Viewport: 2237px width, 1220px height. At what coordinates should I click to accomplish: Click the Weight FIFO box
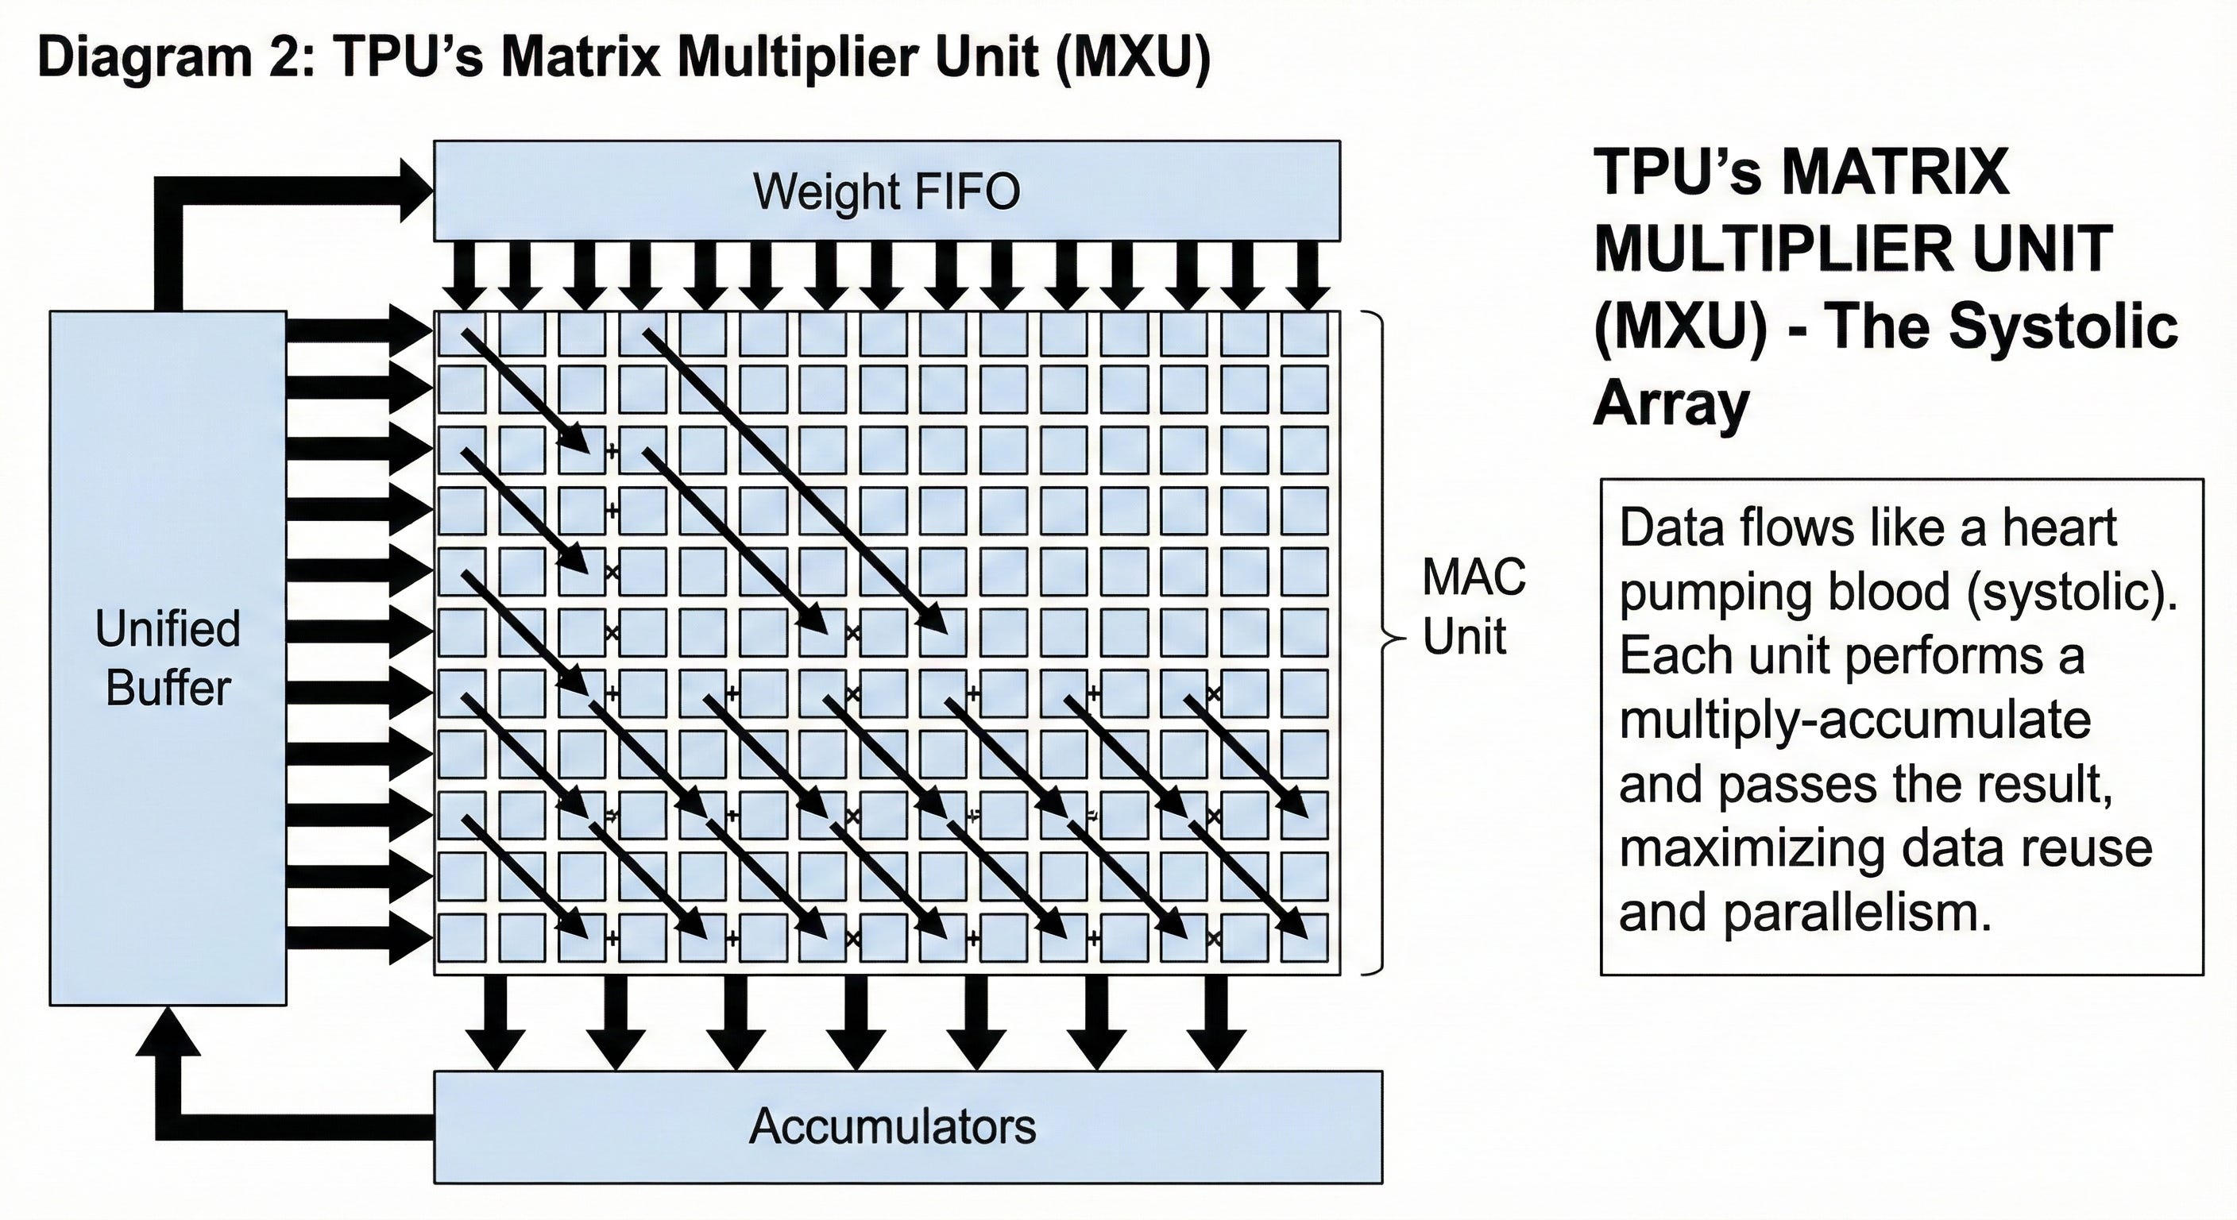[x=887, y=190]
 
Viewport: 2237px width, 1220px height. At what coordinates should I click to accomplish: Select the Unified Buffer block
[x=168, y=658]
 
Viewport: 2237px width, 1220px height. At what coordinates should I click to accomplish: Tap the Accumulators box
[x=907, y=1126]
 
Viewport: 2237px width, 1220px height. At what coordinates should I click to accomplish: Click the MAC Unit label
[x=1474, y=606]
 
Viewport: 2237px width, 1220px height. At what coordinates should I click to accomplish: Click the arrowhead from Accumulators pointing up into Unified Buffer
[x=168, y=1031]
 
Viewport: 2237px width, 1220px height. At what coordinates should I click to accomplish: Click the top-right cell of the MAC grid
[x=1304, y=334]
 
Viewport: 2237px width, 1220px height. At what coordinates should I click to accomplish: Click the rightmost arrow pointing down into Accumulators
[x=1217, y=1023]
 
